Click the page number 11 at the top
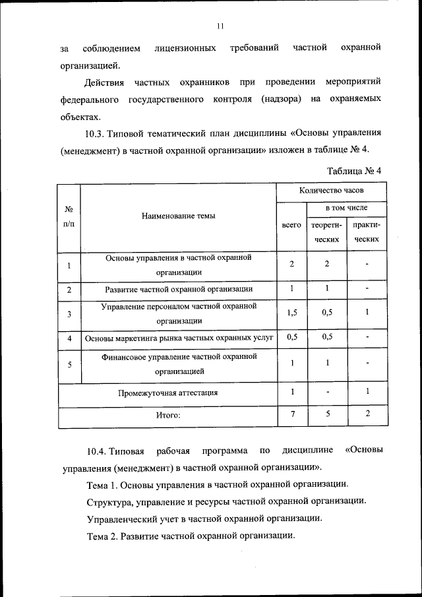pyautogui.click(x=220, y=26)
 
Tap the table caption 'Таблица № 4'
pyautogui.click(x=354, y=170)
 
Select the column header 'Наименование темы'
pyautogui.click(x=178, y=216)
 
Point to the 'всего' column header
pyautogui.click(x=291, y=225)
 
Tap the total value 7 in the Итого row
pyautogui.click(x=291, y=414)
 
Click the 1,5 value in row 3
pyautogui.click(x=291, y=313)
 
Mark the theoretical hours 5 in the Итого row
pyautogui.click(x=326, y=414)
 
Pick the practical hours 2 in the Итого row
pyautogui.click(x=367, y=414)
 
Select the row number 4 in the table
pyautogui.click(x=69, y=338)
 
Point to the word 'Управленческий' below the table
pyautogui.click(x=120, y=518)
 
